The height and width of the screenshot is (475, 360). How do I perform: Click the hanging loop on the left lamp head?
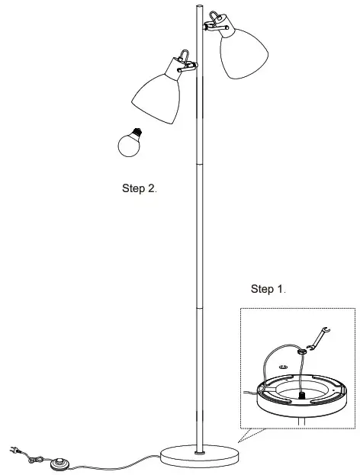tap(182, 56)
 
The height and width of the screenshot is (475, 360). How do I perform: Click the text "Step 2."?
tap(140, 188)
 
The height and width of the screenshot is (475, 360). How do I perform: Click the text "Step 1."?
tap(268, 289)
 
